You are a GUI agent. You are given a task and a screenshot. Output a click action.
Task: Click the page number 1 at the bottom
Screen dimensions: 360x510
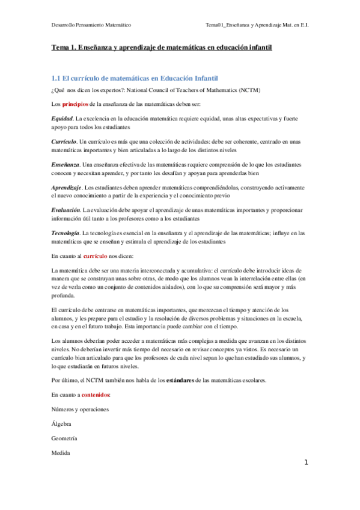306,462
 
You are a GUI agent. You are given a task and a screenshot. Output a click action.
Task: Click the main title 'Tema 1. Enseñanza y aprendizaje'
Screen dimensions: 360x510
162,48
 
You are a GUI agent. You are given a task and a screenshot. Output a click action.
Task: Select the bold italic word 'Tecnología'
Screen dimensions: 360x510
66,233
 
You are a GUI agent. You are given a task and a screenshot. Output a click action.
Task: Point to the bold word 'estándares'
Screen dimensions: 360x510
183,380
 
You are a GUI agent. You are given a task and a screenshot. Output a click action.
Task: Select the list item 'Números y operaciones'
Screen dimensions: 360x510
80,409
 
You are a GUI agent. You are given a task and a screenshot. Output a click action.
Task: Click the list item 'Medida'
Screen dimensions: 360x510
61,452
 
